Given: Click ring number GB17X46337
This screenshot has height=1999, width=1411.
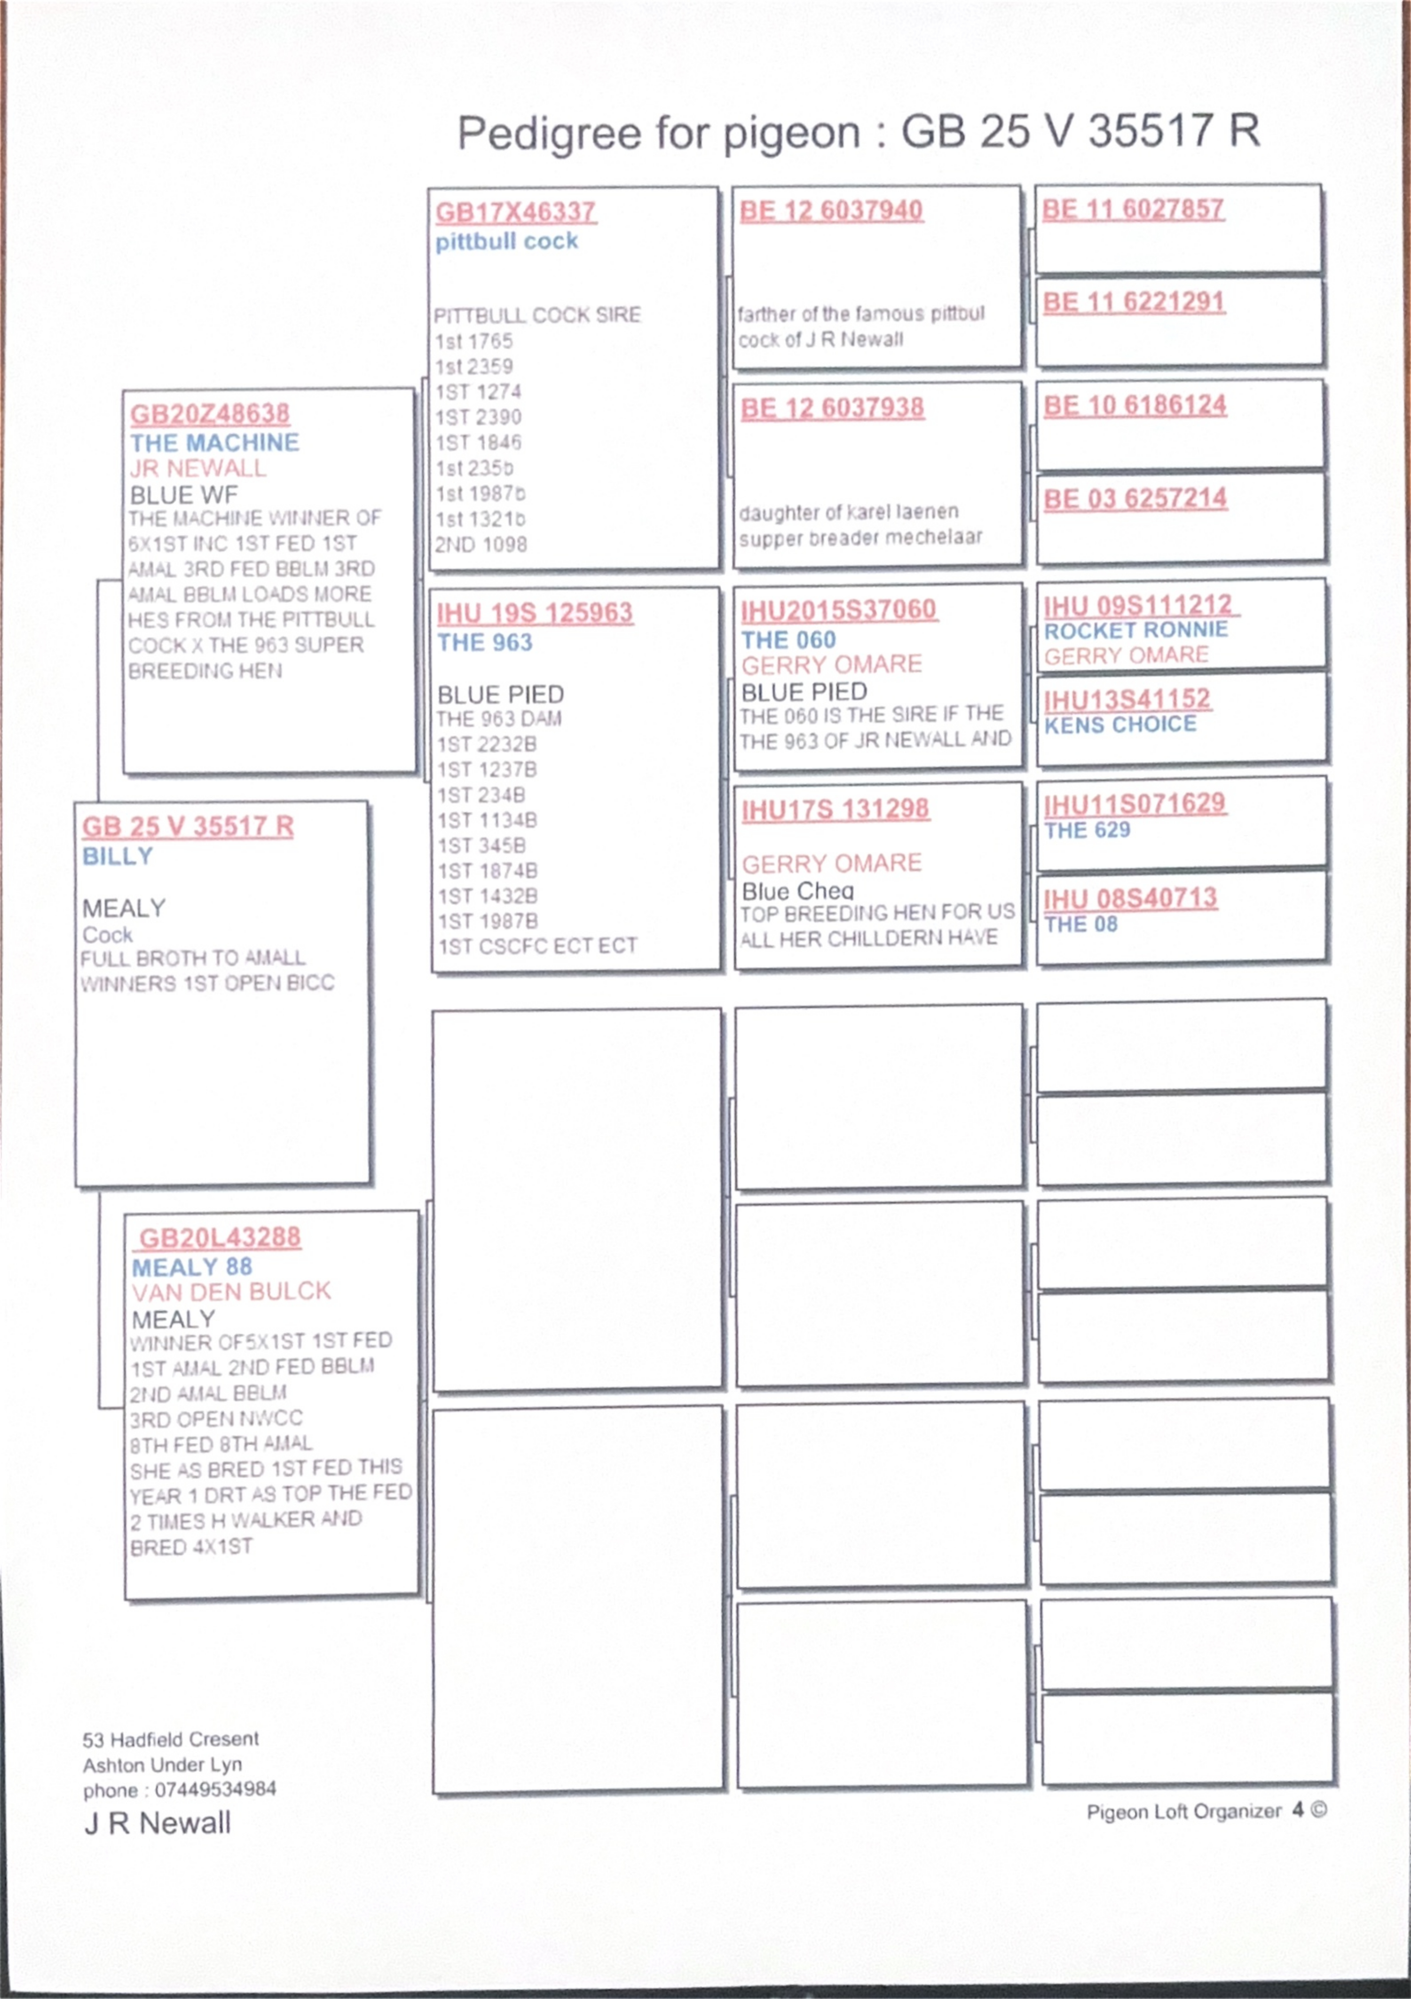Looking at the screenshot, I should coord(515,212).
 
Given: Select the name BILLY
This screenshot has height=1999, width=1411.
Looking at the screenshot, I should coord(118,857).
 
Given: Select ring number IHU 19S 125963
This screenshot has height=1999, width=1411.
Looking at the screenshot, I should coord(534,613).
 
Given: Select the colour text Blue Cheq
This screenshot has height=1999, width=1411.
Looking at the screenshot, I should coord(797,891).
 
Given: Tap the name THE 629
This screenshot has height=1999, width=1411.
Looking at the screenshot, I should coord(1087,831).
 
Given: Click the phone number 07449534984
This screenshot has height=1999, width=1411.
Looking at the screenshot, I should coord(215,1790).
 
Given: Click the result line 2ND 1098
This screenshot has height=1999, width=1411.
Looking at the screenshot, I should coord(481,545).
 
